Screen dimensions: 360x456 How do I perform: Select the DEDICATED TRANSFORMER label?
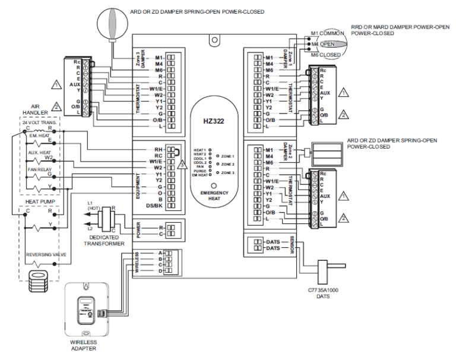tap(103, 240)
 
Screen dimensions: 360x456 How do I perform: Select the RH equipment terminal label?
tap(159, 150)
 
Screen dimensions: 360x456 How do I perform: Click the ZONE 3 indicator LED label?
tap(229, 172)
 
